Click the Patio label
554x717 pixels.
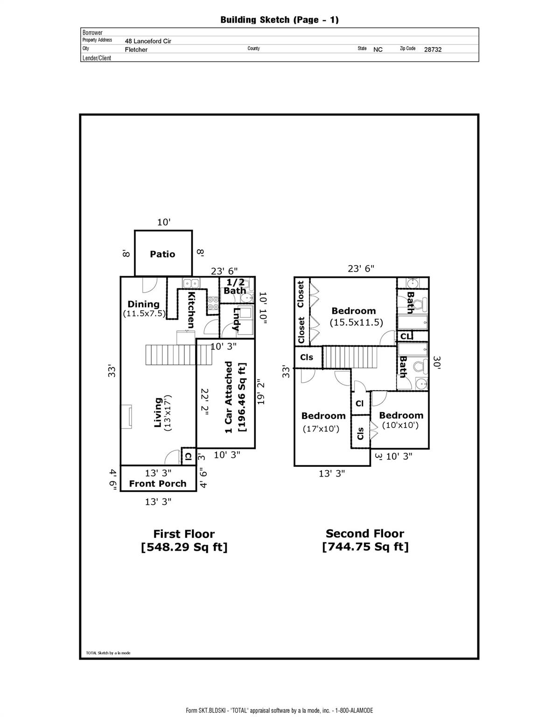[162, 254]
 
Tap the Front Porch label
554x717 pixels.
[158, 484]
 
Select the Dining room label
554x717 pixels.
[143, 304]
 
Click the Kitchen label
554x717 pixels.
[191, 309]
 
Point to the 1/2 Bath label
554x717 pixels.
[235, 287]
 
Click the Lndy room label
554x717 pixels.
[236, 319]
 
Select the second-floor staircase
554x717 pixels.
[350, 358]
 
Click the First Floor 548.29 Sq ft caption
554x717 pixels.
[184, 540]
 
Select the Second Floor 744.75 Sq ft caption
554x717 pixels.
[365, 540]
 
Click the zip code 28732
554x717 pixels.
[433, 49]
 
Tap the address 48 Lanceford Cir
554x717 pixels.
[148, 41]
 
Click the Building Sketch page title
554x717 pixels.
[279, 20]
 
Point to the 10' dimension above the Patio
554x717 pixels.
[163, 223]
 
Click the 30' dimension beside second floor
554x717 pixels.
[437, 363]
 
